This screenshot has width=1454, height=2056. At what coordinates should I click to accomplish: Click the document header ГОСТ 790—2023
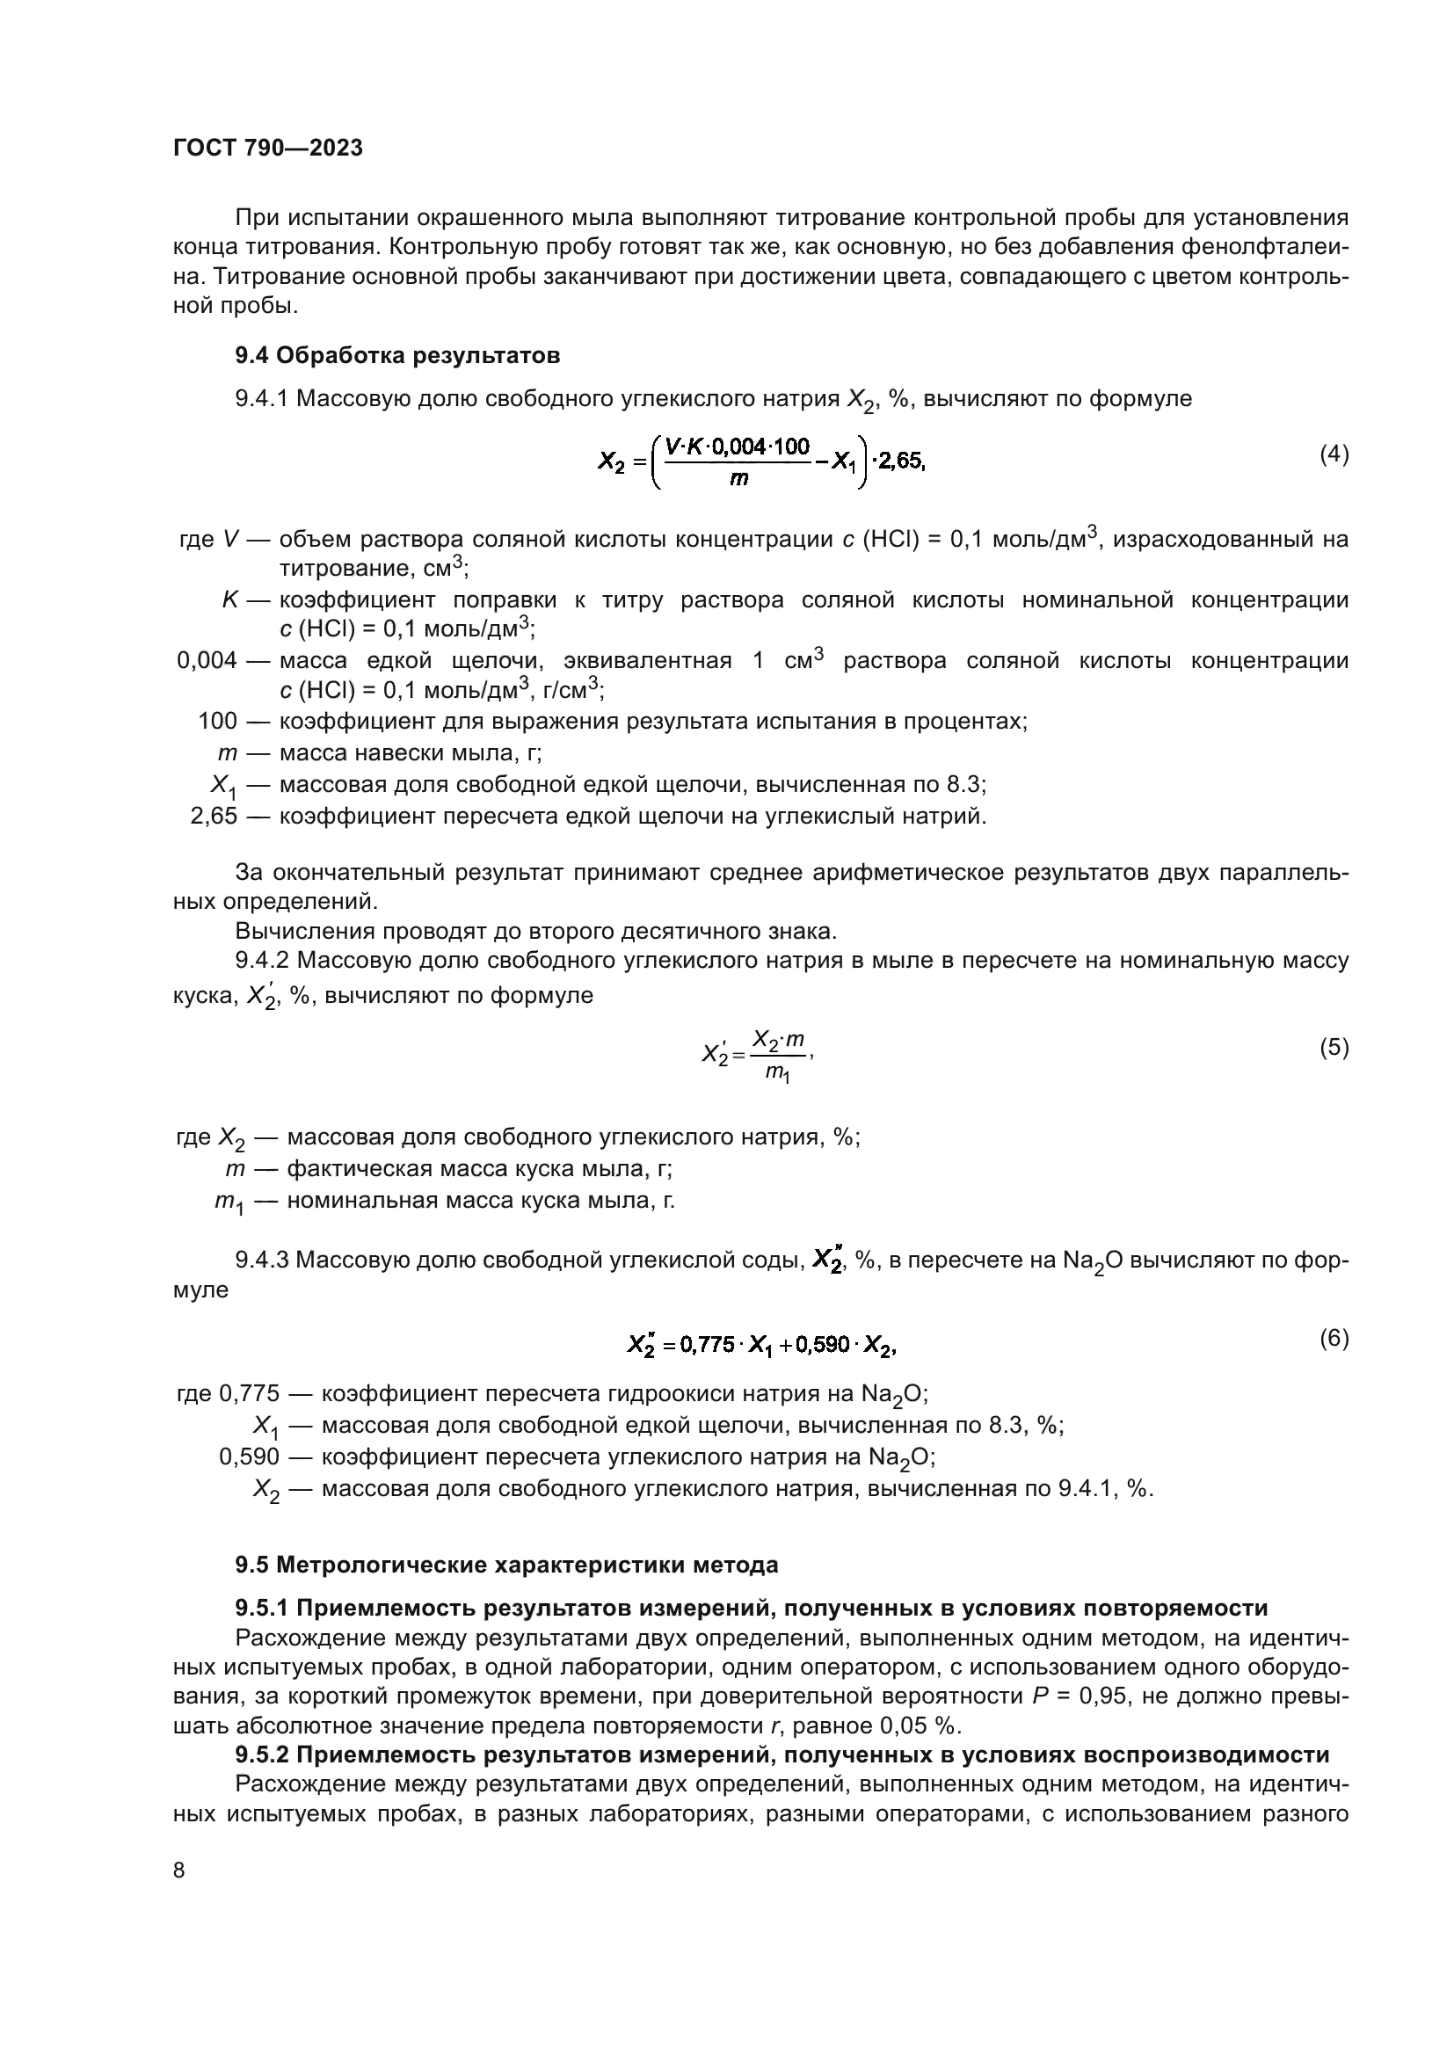268,148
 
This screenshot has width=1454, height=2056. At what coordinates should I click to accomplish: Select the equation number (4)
1334,454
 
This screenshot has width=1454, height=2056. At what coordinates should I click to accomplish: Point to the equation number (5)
1334,1047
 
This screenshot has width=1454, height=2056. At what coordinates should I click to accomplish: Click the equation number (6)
1334,1338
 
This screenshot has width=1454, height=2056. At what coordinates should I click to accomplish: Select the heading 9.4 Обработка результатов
397,355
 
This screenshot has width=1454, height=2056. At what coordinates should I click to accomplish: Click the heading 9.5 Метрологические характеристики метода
506,1565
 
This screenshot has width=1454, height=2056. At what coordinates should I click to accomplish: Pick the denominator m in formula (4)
738,479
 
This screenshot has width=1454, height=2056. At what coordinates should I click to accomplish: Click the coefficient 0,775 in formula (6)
708,1345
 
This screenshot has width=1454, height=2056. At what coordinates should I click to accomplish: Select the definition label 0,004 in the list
207,661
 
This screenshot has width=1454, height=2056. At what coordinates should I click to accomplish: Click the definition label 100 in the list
217,721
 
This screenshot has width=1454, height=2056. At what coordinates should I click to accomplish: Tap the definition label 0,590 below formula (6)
249,1457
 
